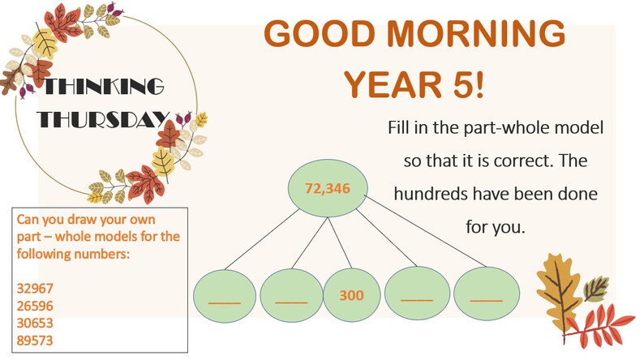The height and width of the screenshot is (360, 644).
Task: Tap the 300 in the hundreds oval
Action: [351, 294]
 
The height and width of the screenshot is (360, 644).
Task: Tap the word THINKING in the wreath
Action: [103, 87]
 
